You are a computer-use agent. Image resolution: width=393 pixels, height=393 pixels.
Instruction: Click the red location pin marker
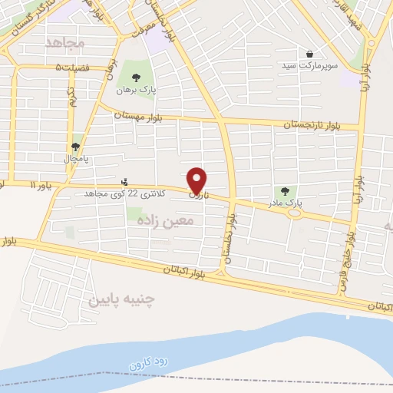197,180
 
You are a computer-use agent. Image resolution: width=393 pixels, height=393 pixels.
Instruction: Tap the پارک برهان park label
136,90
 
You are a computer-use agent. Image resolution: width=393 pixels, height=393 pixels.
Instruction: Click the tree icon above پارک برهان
136,77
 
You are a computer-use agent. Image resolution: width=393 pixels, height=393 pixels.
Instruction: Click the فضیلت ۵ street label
72,68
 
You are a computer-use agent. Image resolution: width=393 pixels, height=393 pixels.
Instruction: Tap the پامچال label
76,159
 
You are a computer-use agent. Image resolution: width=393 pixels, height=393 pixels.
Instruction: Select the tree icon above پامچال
76,146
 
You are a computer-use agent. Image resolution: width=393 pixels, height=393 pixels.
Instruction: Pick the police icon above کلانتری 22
125,182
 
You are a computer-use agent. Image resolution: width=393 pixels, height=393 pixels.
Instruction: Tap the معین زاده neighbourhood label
167,220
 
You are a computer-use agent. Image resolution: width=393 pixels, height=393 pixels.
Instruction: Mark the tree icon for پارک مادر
286,191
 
